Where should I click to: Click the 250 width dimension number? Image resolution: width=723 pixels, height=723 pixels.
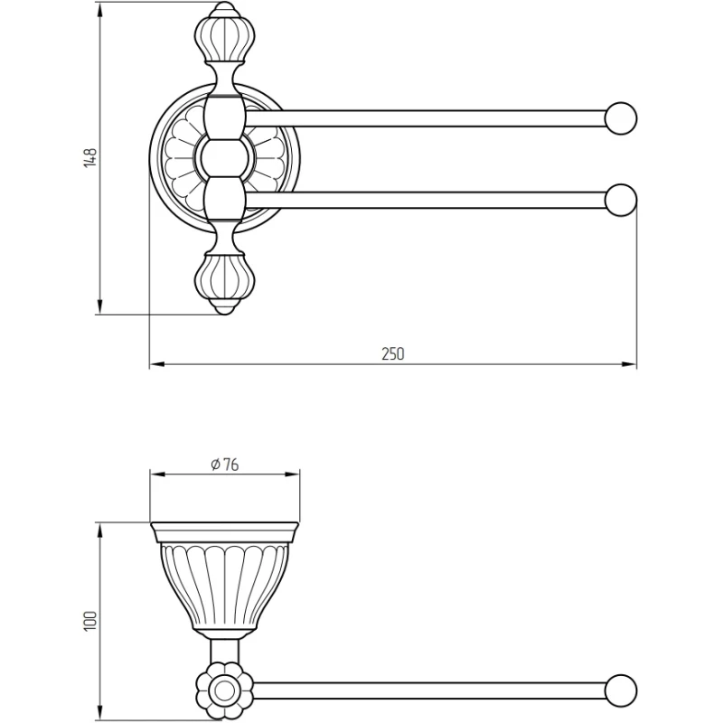coord(392,354)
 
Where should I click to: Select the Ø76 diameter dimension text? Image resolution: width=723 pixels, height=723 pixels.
coord(223,464)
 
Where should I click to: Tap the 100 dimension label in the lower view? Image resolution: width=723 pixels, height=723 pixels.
coord(90,621)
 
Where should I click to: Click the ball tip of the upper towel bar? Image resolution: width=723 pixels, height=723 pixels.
coord(621,118)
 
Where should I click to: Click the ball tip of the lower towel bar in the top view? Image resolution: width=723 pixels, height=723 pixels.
coord(621,200)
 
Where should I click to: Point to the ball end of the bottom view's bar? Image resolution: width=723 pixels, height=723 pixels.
coord(621,690)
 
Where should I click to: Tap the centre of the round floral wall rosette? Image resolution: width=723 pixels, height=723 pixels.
coord(223,159)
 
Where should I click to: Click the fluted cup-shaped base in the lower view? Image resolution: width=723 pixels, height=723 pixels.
coord(223,583)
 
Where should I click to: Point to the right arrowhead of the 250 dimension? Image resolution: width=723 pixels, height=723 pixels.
coord(632,365)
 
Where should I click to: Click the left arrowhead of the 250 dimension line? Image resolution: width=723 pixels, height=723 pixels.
coord(155,365)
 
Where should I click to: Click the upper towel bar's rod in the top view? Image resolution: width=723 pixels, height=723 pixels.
coord(425,118)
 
